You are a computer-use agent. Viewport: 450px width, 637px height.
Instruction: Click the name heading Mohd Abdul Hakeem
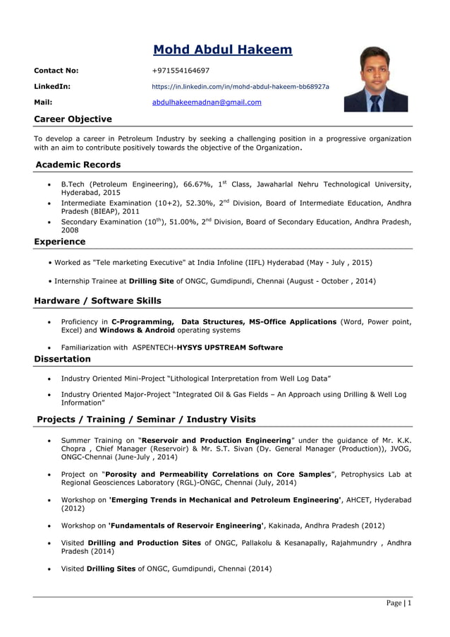click(222, 49)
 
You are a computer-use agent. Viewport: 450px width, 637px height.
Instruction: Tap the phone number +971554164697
click(181, 71)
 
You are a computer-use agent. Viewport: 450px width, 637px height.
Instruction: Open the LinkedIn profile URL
click(241, 87)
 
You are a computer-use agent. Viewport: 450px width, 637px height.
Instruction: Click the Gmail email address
click(207, 102)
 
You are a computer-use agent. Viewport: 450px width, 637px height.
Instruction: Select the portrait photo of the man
click(375, 80)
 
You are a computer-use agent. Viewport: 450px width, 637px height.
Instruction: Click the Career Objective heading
click(73, 119)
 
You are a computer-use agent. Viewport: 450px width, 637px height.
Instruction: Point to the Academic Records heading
click(78, 165)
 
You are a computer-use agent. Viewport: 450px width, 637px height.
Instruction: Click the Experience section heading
click(60, 242)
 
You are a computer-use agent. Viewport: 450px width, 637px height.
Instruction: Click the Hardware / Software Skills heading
click(97, 301)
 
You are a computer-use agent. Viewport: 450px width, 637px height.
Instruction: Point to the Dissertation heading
click(62, 359)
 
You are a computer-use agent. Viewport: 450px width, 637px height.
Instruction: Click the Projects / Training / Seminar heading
click(146, 419)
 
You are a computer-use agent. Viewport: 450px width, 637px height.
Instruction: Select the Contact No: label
click(56, 71)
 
